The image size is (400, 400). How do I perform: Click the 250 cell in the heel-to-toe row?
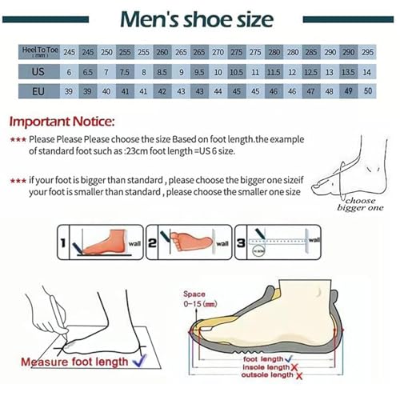tap(106, 51)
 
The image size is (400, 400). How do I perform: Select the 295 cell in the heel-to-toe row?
tap(367, 51)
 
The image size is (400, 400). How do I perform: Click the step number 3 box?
tap(239, 244)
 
